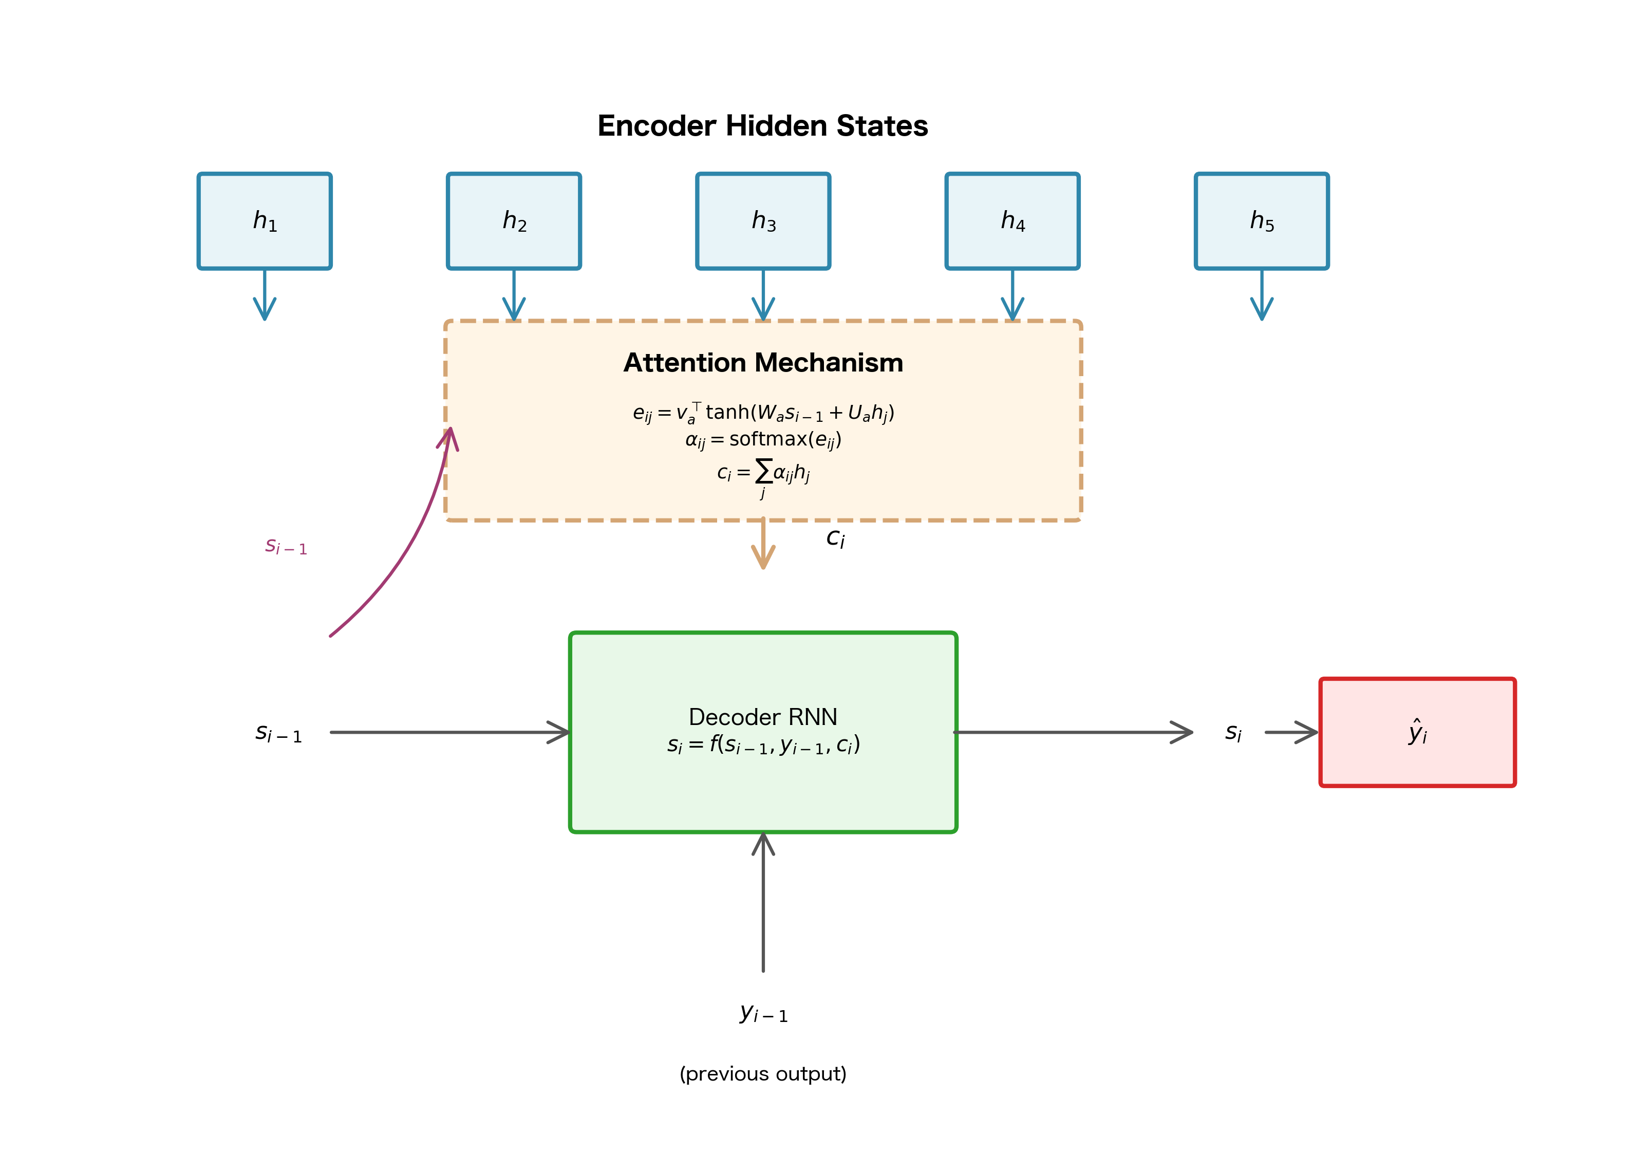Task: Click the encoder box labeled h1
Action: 265,221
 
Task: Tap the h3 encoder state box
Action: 763,221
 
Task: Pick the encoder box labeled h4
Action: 1012,221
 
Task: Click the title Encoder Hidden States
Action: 762,126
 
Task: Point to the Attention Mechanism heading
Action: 763,363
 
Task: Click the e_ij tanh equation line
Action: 763,413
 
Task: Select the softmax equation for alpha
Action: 763,439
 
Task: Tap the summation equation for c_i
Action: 763,473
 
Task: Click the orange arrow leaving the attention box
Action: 763,545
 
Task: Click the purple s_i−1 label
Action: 286,547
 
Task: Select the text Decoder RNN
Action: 763,717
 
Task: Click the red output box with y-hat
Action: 1417,732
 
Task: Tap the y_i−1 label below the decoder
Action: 763,1013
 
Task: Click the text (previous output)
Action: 763,1074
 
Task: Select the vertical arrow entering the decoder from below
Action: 763,903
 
